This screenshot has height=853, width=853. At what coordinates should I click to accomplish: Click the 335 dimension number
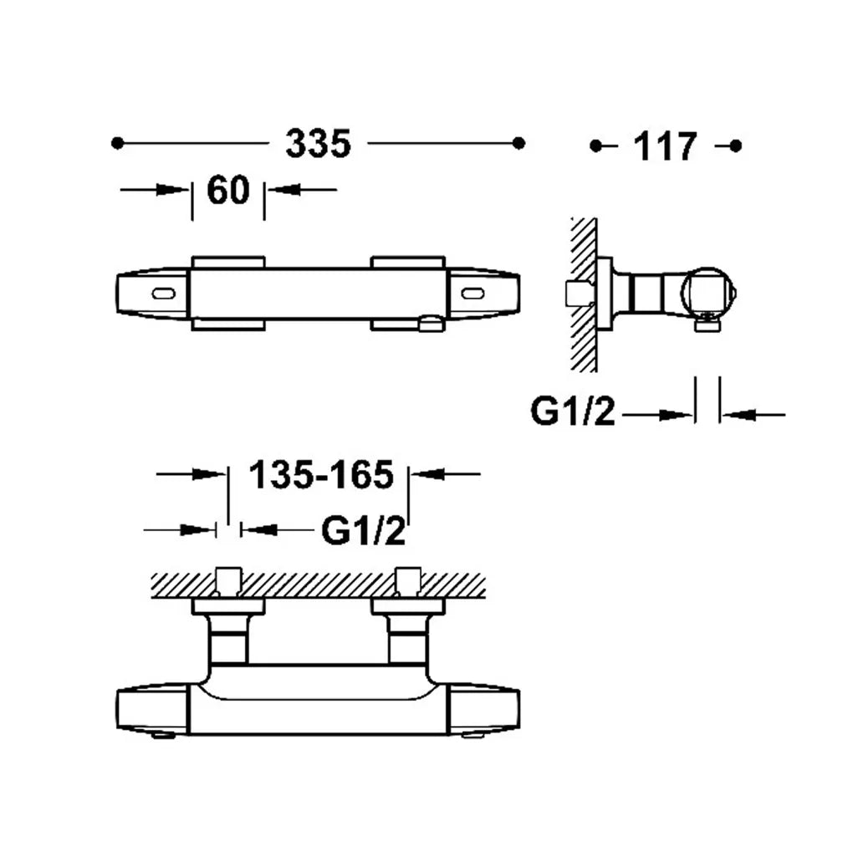(x=319, y=144)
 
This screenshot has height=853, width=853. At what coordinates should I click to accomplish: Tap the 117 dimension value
(x=665, y=146)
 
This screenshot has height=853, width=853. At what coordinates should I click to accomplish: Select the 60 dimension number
(x=228, y=190)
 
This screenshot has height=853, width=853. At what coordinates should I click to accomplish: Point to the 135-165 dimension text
(x=321, y=474)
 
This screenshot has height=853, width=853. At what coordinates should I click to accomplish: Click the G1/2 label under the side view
(x=573, y=411)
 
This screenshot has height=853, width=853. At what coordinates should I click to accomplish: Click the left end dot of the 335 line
(x=117, y=143)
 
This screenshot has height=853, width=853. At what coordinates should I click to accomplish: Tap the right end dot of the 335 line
(x=519, y=143)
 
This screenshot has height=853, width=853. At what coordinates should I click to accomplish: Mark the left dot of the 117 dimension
(x=596, y=146)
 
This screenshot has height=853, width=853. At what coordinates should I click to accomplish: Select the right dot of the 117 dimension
(x=735, y=146)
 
